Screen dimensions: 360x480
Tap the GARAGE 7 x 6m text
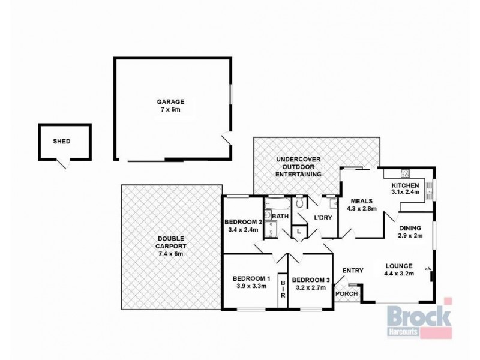[x=172, y=106]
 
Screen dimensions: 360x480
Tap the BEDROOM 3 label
[x=310, y=283]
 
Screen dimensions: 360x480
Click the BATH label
[x=280, y=216]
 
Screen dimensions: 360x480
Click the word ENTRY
[x=353, y=271]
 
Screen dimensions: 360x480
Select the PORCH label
[x=346, y=293]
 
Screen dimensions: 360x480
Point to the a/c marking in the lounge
[x=427, y=268]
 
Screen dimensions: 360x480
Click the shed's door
[x=62, y=163]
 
